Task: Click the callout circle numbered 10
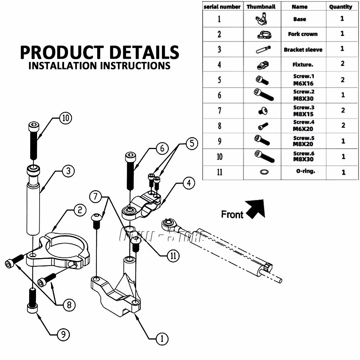click(65, 118)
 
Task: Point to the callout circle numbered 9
click(63, 335)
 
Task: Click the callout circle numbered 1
click(162, 338)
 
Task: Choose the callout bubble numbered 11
click(174, 256)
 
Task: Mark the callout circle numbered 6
click(162, 148)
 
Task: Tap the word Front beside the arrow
click(232, 215)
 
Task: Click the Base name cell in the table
click(300, 19)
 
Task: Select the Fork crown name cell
click(303, 34)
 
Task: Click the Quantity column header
click(341, 6)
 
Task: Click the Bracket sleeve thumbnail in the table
click(263, 50)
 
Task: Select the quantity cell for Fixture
click(342, 64)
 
